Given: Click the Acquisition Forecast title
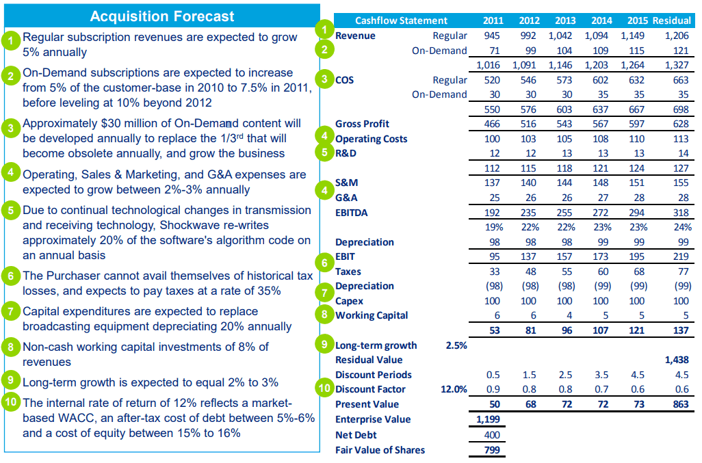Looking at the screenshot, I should click(162, 16).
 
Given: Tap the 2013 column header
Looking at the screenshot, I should click(564, 21).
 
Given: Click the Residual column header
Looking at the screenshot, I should click(671, 21).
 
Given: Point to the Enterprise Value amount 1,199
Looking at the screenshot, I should click(488, 419).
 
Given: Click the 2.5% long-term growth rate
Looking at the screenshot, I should click(456, 345).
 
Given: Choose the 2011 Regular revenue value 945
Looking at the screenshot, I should click(491, 36).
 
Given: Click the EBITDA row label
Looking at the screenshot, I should click(351, 213).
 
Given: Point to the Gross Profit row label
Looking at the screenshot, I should click(362, 124).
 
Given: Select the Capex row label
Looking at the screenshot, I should click(349, 301).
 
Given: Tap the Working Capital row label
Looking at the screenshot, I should click(372, 315).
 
